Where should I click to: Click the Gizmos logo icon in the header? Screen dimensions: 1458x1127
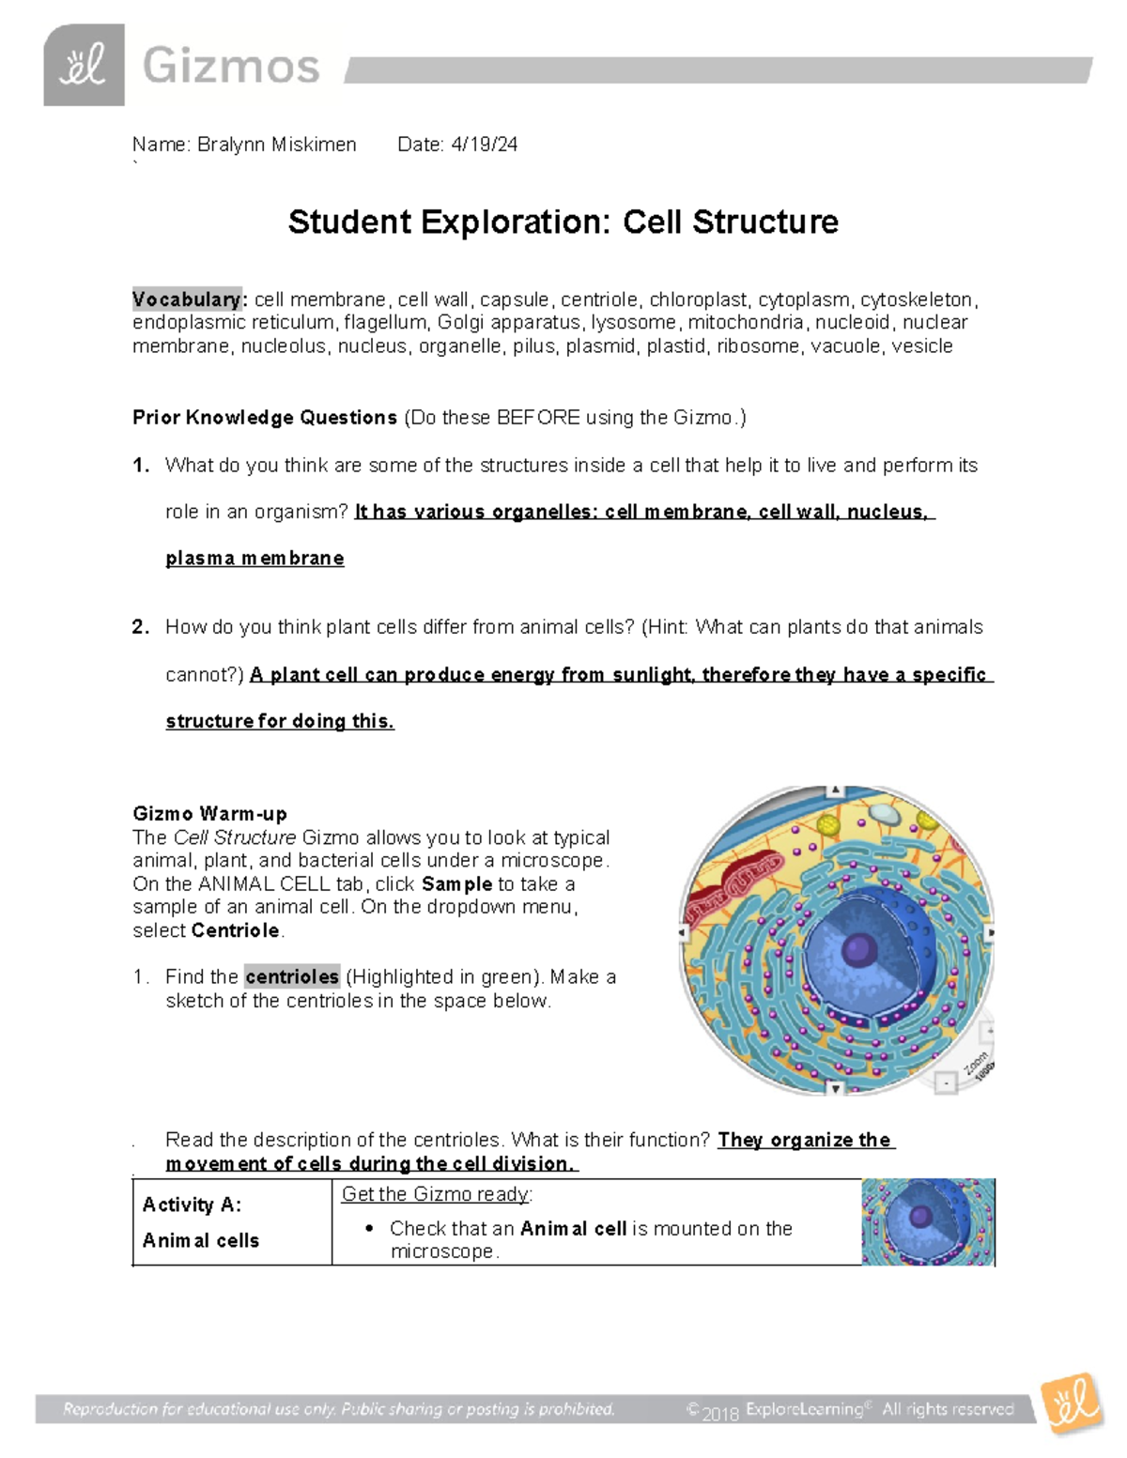click(84, 66)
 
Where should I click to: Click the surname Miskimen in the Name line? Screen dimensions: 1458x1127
click(314, 145)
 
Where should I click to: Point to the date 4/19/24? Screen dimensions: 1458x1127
click(484, 145)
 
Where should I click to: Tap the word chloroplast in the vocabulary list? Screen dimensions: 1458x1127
click(699, 299)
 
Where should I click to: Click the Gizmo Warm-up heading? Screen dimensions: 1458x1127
click(209, 814)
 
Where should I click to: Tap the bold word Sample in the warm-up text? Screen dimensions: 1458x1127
click(457, 884)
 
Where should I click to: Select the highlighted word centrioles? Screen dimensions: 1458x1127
click(291, 977)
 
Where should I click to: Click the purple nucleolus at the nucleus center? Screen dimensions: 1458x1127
click(857, 949)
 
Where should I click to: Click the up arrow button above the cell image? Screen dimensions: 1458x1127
click(835, 791)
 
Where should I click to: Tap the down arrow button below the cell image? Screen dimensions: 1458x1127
click(835, 1088)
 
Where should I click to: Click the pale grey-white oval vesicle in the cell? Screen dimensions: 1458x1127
click(882, 813)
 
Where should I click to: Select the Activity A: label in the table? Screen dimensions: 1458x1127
click(192, 1205)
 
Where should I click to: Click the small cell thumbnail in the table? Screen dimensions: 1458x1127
click(927, 1221)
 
